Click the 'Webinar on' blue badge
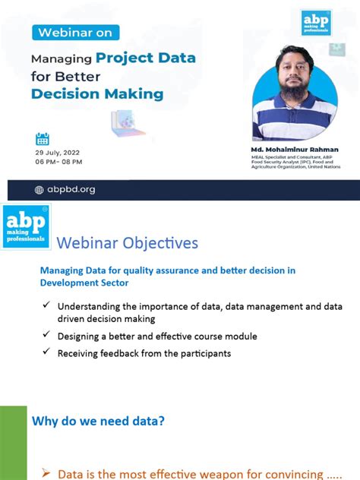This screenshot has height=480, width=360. click(x=75, y=33)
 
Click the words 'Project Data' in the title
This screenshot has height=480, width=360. click(x=146, y=58)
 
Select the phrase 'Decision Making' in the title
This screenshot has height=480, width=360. click(x=97, y=94)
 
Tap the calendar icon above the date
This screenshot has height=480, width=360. click(x=43, y=138)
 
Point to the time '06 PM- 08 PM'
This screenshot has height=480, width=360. click(x=59, y=162)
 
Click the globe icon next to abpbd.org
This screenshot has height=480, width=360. click(x=39, y=189)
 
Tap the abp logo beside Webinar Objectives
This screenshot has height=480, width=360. click(x=27, y=225)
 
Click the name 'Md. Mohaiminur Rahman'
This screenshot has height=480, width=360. click(x=295, y=150)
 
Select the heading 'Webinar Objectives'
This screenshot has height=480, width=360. click(x=128, y=243)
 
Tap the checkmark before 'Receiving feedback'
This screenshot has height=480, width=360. click(x=48, y=352)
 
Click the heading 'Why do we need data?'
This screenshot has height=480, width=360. click(x=98, y=421)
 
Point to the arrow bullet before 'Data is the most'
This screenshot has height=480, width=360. click(x=45, y=473)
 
